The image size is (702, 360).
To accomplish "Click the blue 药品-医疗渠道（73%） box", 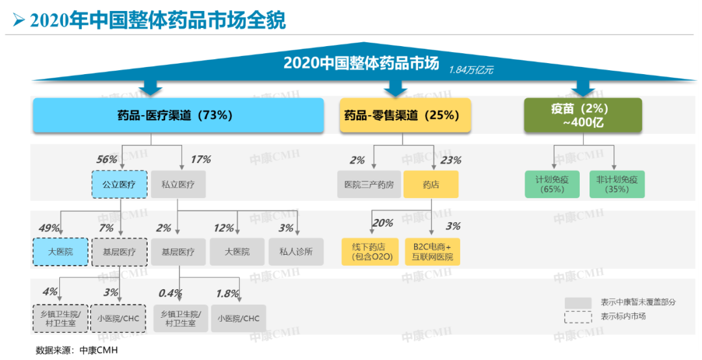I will point(178,116).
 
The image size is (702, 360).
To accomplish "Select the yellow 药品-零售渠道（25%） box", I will point(405,116).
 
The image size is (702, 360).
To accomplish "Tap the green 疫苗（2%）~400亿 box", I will point(583,116).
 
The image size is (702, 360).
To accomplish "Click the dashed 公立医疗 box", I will point(119,185).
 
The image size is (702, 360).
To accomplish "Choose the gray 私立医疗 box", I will point(178,185).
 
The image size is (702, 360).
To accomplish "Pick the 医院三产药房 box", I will point(369,185).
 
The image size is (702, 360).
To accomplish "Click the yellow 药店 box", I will point(431,185).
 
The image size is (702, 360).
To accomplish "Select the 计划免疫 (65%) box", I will point(552,185).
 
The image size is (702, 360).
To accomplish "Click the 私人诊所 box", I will point(296,251).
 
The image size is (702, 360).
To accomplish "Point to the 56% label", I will point(107,159).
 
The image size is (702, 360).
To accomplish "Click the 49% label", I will point(49,228).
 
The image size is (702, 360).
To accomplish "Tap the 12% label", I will point(224,228).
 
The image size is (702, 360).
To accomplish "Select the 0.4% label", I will point(170,294).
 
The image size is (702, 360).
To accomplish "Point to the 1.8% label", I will point(227,294).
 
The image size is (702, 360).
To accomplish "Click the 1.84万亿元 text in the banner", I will point(471,70).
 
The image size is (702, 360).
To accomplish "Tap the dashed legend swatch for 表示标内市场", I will point(578,316).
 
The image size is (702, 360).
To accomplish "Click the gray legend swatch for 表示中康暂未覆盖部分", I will point(578,303).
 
